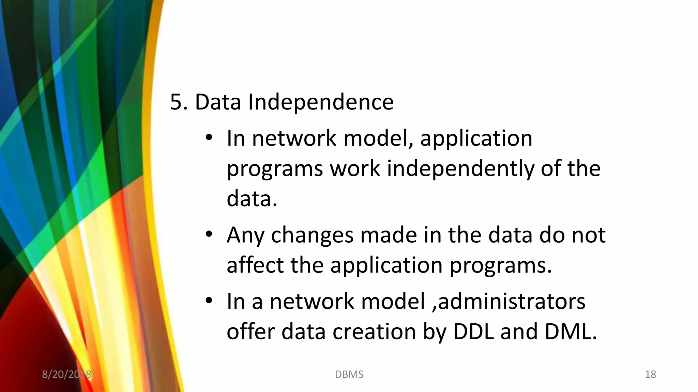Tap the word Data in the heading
coord(217,102)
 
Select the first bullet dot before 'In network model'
coord(209,138)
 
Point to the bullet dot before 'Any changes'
coord(209,234)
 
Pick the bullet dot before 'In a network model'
coord(209,301)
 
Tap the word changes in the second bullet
coord(312,235)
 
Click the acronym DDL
coord(473,331)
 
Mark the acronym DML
coord(571,331)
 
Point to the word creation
coord(374,331)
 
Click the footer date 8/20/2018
coord(66,374)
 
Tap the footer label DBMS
coord(349,374)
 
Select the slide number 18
coord(650,374)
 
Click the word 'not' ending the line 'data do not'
coord(588,235)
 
